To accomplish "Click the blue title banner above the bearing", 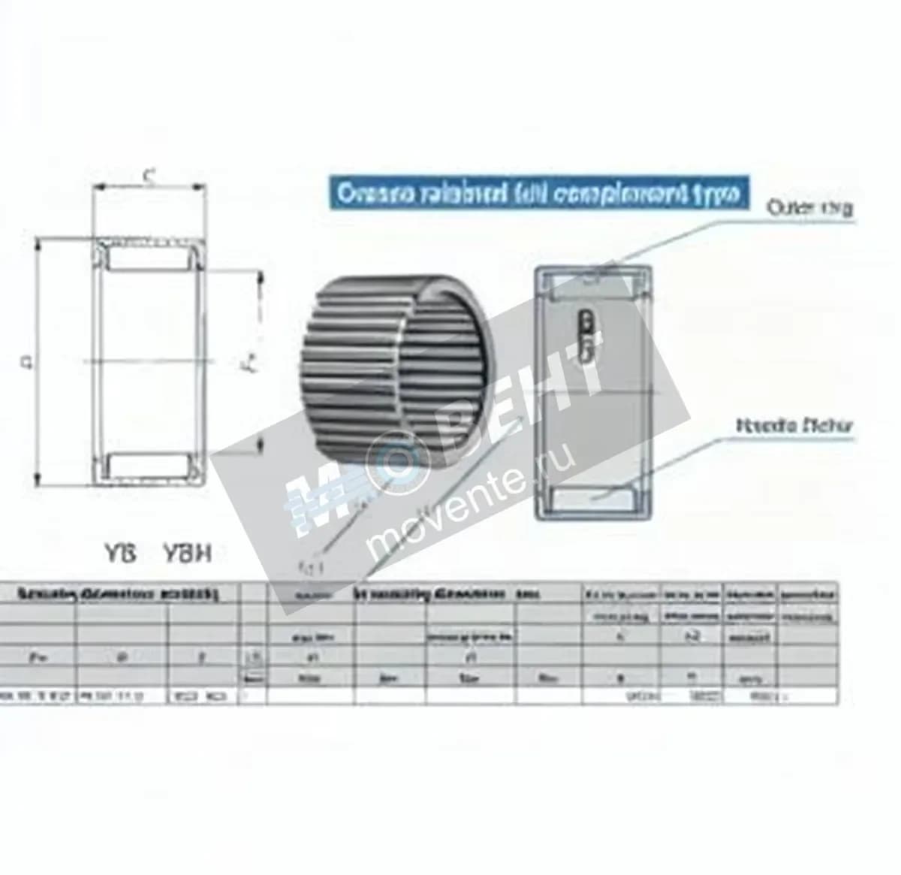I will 539,194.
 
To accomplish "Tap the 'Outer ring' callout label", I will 809,208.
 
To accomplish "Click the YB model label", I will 119,554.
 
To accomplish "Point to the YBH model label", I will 187,554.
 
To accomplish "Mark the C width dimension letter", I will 149,177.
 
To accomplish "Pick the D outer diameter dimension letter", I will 28,362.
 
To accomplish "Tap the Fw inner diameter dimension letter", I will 253,362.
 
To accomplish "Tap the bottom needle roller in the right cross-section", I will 594,496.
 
